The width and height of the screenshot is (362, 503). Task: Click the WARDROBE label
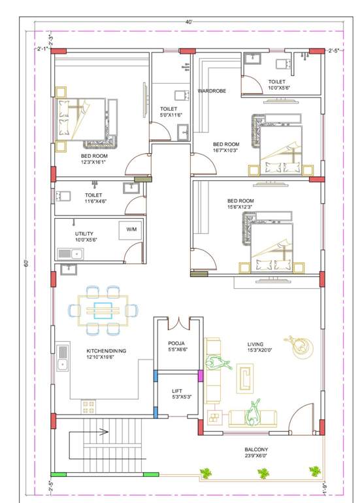[212, 91]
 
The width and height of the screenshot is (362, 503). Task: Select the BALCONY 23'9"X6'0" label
[257, 453]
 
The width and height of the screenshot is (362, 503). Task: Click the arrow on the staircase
[103, 432]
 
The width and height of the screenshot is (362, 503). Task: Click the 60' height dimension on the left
[27, 263]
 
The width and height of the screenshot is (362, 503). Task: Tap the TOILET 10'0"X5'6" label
[276, 85]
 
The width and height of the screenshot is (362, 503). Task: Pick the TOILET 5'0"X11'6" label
[169, 112]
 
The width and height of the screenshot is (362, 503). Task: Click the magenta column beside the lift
[201, 375]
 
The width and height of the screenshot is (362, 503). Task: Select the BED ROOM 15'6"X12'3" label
[240, 204]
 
